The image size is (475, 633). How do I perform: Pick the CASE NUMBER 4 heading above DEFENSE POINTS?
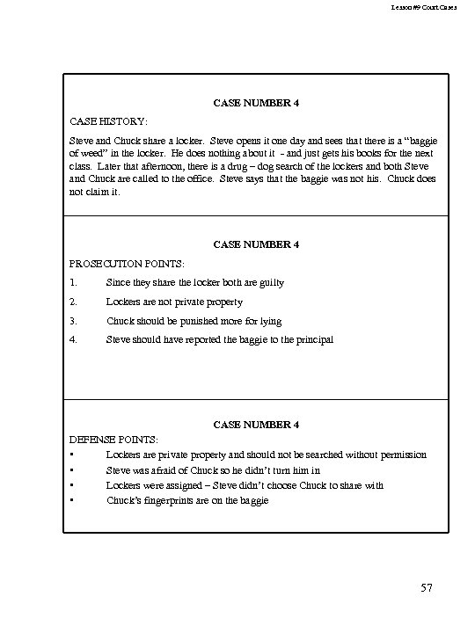(x=256, y=425)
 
